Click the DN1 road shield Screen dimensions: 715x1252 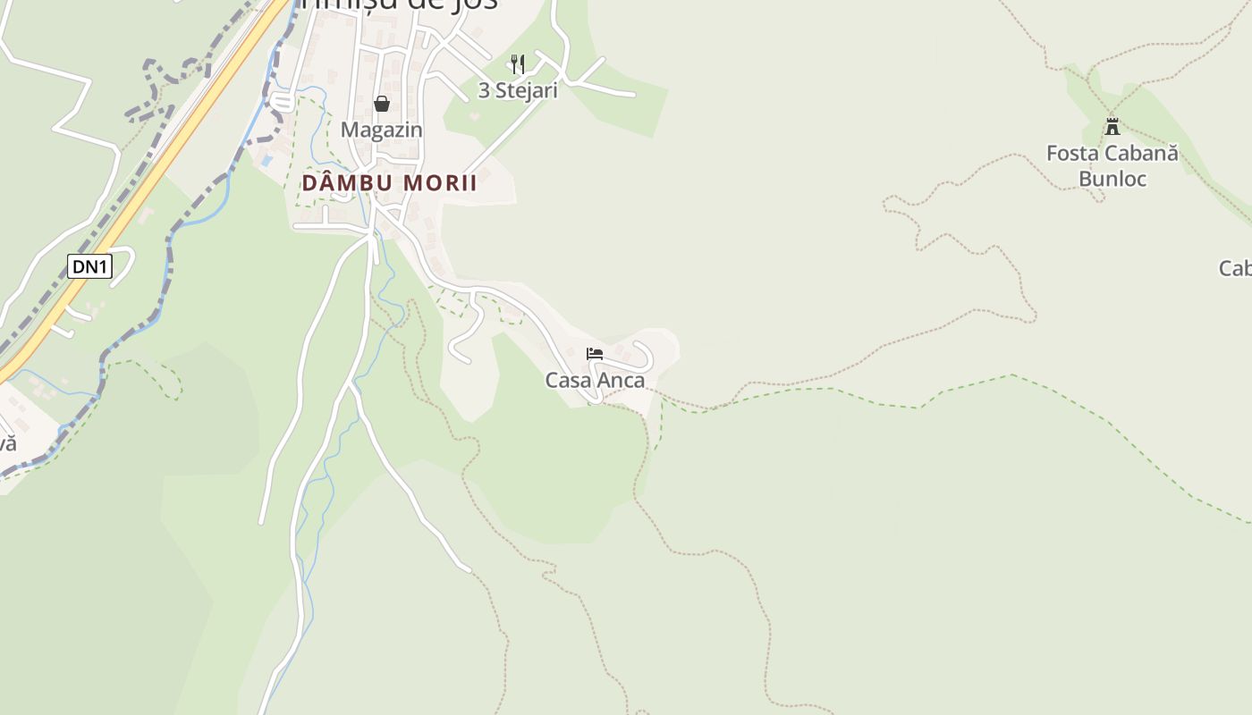[x=89, y=266]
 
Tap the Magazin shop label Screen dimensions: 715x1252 [x=381, y=130]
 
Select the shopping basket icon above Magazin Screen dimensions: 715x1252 [x=382, y=104]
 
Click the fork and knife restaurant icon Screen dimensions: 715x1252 [x=517, y=63]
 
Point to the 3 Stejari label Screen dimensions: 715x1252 [x=518, y=90]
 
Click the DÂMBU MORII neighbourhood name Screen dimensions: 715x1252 [x=389, y=183]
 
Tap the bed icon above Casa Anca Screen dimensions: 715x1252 [x=594, y=354]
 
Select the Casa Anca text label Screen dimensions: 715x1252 [x=595, y=380]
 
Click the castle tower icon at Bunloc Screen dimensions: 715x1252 [x=1112, y=127]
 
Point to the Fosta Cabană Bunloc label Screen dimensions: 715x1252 [x=1112, y=165]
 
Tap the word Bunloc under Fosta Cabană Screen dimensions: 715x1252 [x=1112, y=178]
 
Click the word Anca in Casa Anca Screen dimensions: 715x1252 [x=621, y=380]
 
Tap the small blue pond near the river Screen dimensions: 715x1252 [x=266, y=162]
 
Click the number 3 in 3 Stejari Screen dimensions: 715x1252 [x=484, y=90]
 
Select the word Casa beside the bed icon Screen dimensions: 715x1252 [x=568, y=380]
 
